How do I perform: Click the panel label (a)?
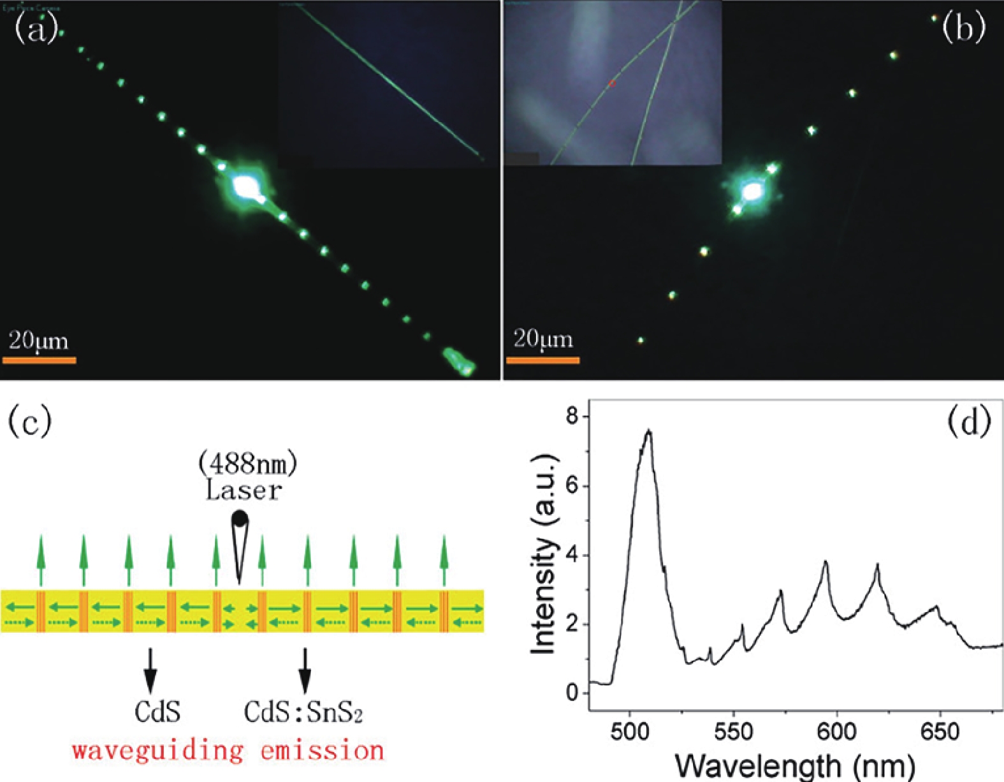35,29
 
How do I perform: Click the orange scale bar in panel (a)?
39,360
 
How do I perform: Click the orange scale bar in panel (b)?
542,360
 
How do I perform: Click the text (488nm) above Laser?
247,464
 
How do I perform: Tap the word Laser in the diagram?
244,491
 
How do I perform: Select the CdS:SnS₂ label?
303,712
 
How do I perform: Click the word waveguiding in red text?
157,751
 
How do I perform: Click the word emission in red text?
322,751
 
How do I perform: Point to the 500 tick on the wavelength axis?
630,731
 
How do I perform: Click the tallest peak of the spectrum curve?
649,432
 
